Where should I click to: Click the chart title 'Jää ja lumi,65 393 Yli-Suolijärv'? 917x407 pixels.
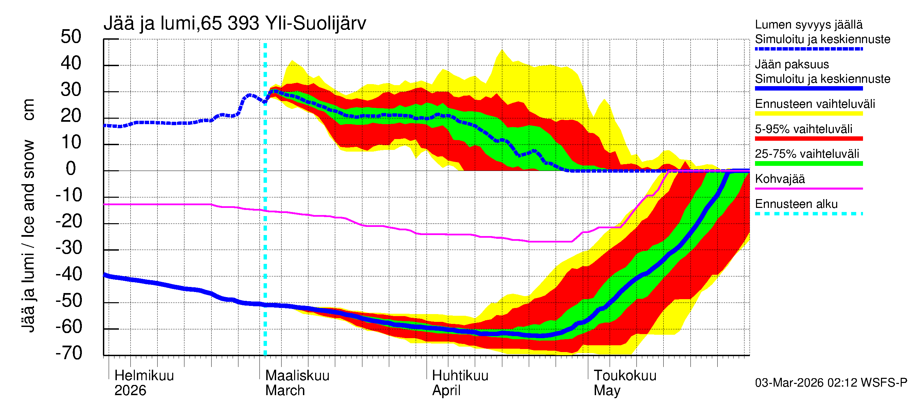coord(235,23)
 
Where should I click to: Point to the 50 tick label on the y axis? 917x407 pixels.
coord(71,37)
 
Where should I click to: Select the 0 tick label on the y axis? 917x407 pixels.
coord(71,169)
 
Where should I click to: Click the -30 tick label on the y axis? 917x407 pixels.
coord(69,248)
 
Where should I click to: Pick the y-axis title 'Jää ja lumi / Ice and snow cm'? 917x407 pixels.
coord(28,215)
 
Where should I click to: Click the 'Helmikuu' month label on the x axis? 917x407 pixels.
coord(144,375)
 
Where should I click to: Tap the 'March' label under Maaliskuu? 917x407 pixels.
coord(285,390)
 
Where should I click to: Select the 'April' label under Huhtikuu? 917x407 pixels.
coord(446,390)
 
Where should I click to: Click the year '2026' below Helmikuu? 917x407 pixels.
coord(130,390)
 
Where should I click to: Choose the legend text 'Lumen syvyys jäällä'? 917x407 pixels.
coord(809,24)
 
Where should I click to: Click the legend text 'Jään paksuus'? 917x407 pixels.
coord(792,64)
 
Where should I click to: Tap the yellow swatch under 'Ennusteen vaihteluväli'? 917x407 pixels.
coord(808,114)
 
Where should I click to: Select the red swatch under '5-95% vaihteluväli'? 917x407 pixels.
coord(808,139)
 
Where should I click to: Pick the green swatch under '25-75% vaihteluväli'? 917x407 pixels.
coord(808,163)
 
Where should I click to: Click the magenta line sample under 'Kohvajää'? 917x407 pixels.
coord(808,188)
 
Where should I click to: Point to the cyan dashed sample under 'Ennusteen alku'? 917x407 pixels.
coord(808,214)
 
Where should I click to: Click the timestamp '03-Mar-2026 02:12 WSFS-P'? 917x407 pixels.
coord(831,383)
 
